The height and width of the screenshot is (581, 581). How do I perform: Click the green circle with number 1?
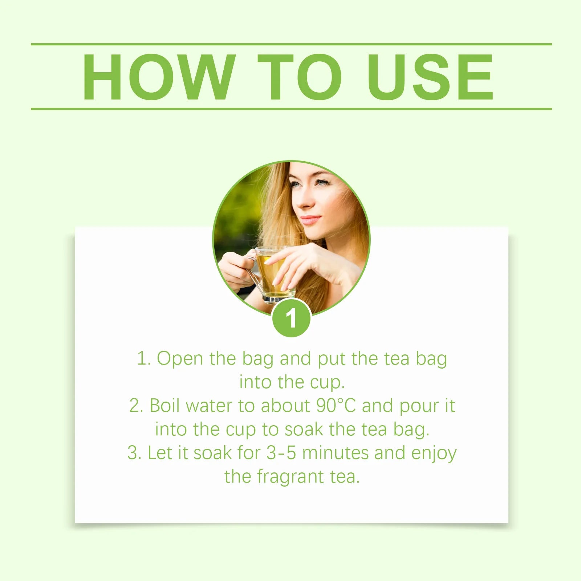point(291,318)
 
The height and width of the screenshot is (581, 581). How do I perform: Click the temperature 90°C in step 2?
point(336,406)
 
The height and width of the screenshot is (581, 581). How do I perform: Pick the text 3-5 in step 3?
point(281,453)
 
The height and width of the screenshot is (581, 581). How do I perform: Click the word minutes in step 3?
point(336,453)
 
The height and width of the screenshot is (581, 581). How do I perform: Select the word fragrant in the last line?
point(290,477)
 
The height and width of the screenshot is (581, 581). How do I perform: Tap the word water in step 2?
point(208,406)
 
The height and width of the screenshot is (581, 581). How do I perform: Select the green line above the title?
point(290,44)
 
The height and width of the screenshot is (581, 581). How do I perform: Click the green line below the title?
point(290,109)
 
